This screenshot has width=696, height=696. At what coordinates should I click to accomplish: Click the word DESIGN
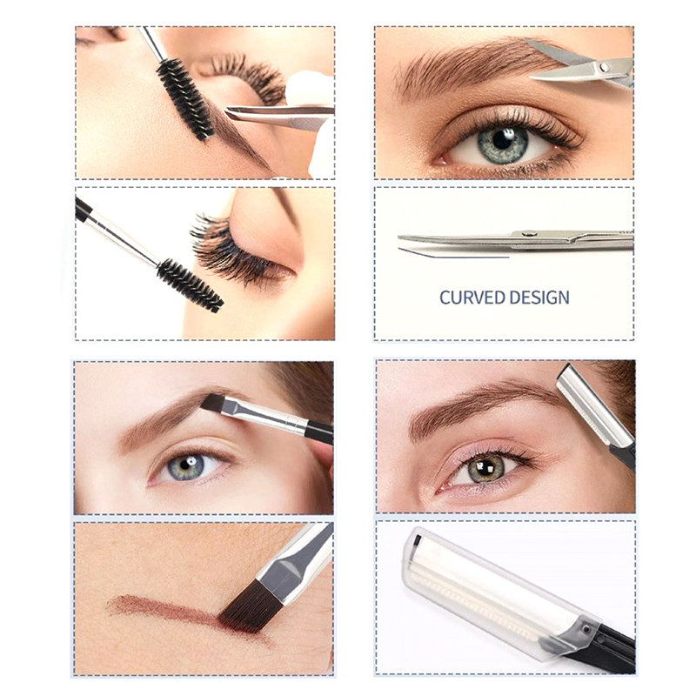(538, 298)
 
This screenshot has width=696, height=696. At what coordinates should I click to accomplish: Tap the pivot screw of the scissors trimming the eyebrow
(603, 67)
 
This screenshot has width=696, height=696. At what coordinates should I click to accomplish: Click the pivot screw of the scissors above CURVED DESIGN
(529, 233)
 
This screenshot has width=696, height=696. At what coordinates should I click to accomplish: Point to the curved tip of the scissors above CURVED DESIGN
(399, 238)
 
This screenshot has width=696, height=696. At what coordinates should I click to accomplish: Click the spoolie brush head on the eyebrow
(184, 99)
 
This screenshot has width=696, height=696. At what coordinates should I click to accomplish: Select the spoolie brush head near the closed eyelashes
(190, 285)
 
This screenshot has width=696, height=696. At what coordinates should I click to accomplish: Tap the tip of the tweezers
(228, 111)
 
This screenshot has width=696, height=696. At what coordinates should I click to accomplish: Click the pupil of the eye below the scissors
(503, 140)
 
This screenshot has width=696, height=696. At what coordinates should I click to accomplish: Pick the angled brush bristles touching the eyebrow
(212, 403)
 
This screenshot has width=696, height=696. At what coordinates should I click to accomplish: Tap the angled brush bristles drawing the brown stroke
(245, 606)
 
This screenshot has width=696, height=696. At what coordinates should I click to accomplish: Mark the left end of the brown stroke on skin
(110, 602)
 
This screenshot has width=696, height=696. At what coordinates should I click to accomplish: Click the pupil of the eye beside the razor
(485, 467)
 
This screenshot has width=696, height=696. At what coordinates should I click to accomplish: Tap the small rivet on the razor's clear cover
(586, 628)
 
